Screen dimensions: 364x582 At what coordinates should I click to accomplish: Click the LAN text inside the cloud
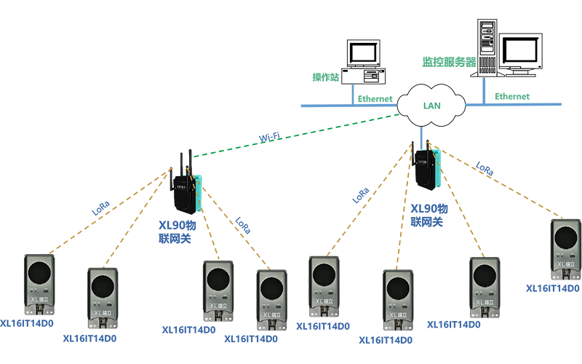(432, 105)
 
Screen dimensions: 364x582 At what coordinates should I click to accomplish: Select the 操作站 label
(326, 78)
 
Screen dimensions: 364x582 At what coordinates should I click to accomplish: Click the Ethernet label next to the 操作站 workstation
(375, 99)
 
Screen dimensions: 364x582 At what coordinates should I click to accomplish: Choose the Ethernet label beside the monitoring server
(512, 96)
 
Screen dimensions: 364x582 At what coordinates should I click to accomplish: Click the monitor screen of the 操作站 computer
(364, 53)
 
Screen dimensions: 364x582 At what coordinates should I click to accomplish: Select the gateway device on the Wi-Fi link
(186, 189)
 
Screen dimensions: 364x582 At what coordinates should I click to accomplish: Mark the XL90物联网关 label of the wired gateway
(429, 215)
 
